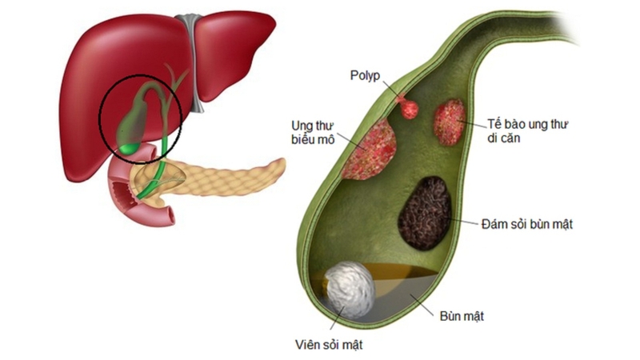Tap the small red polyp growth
409,108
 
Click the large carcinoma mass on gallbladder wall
370,150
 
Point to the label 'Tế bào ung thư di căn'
521,133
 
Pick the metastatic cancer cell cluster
450,121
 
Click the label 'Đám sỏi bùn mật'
528,225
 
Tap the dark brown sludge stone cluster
426,214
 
